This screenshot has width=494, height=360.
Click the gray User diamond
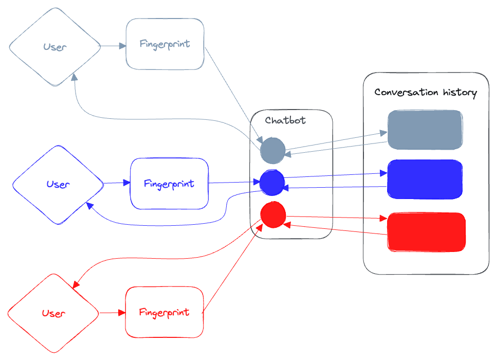pos(55,47)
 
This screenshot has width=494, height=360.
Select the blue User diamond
pos(58,184)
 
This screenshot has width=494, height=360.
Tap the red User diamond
pos(53,313)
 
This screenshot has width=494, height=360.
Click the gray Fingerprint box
pos(165,44)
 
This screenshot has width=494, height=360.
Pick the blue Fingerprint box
pos(169,184)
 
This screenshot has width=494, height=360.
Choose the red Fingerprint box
pos(164,312)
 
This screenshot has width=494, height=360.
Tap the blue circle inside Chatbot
pos(272,183)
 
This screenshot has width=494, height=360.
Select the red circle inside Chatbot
pos(273,215)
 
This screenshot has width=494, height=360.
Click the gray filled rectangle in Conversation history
pos(425,130)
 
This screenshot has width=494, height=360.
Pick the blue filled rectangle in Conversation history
pos(425,179)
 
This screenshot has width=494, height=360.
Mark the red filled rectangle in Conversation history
pos(426,232)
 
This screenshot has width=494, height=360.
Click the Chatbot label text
pos(285,121)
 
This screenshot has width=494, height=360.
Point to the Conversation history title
pos(426,93)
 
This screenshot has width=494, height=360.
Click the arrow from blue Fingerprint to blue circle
pos(234,182)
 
